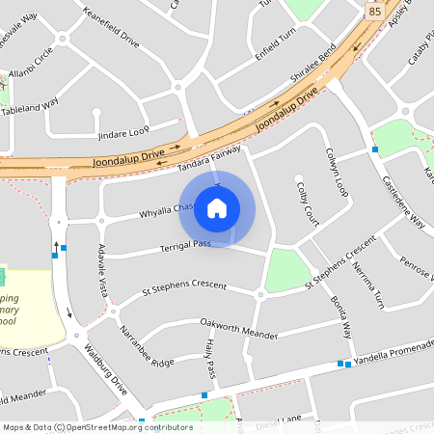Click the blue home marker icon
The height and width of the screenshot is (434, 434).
click(x=217, y=208)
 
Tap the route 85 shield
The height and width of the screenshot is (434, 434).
click(x=374, y=11)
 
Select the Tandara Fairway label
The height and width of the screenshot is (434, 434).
click(x=209, y=158)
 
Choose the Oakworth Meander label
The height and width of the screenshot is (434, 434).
click(x=238, y=327)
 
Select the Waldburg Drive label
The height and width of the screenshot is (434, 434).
click(x=105, y=371)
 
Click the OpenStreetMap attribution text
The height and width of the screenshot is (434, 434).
click(x=96, y=426)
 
